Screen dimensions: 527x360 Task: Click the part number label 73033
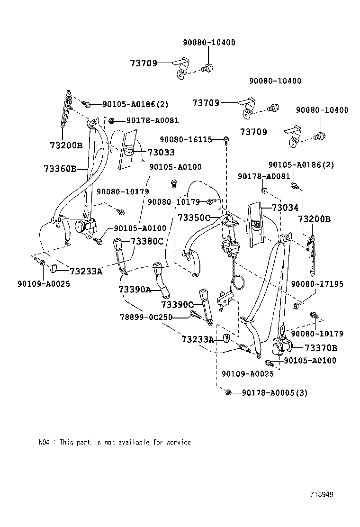click(x=161, y=152)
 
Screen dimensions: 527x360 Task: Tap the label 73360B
click(x=60, y=168)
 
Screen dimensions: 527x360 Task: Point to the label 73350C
click(x=194, y=218)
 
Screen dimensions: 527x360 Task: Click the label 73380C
click(x=147, y=241)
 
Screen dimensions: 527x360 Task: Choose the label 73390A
click(x=135, y=290)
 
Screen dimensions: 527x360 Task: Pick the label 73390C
click(x=178, y=304)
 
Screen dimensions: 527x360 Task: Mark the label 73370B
click(x=321, y=348)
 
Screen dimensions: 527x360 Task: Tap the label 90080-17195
click(x=317, y=284)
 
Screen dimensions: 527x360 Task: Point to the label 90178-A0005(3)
click(x=274, y=393)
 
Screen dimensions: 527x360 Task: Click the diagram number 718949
click(x=322, y=494)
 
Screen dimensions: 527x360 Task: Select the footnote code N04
click(x=44, y=442)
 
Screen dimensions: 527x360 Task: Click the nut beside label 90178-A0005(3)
click(x=228, y=392)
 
